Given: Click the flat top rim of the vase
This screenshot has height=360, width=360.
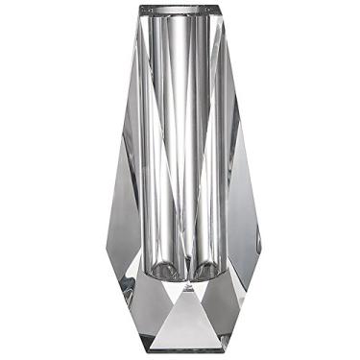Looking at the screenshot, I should click(x=180, y=10).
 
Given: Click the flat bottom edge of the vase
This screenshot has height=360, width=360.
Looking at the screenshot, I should click(x=180, y=350).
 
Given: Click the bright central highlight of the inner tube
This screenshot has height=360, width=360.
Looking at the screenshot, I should click(x=180, y=144).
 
